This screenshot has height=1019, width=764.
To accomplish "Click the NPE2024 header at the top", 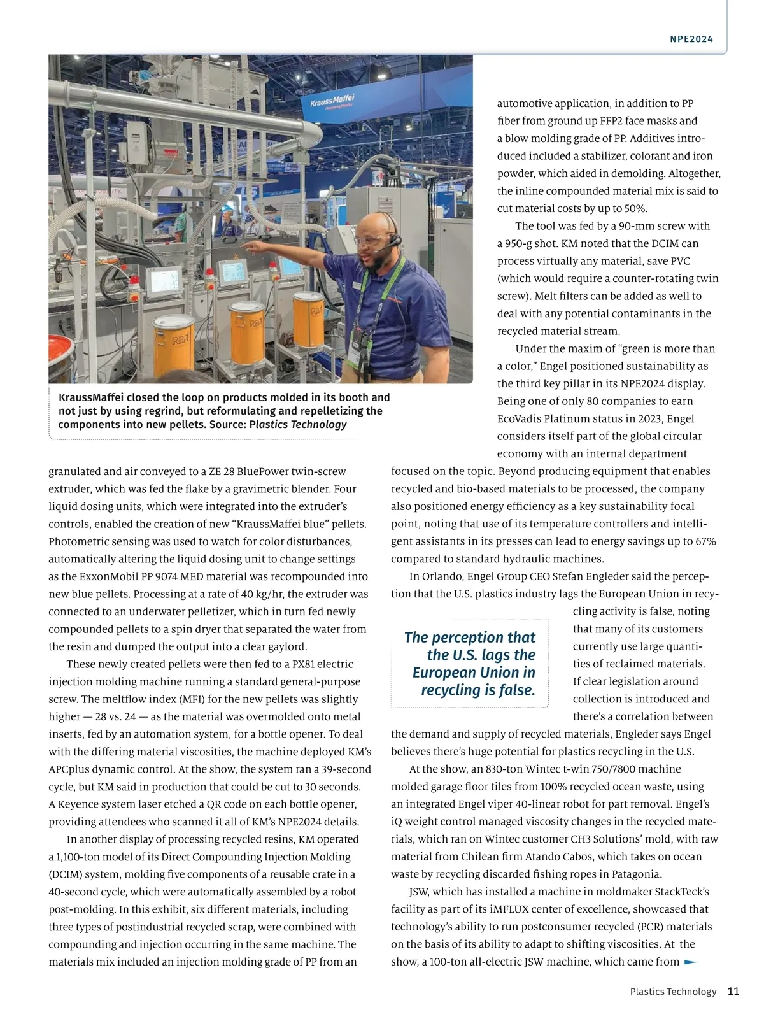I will pyautogui.click(x=691, y=39).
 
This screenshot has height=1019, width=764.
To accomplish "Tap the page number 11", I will pyautogui.click(x=733, y=991).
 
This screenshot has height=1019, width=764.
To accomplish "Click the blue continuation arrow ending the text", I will pyautogui.click(x=690, y=962).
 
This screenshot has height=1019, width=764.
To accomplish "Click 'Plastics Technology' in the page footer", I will pyautogui.click(x=673, y=992).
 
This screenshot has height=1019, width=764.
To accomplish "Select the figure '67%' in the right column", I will pyautogui.click(x=704, y=541).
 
